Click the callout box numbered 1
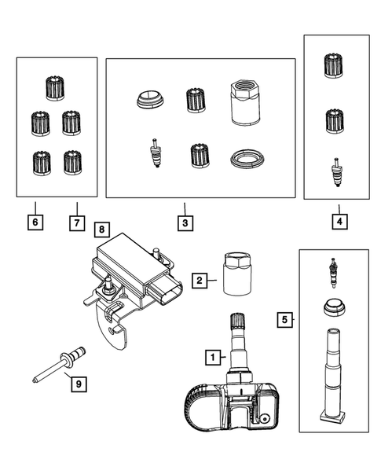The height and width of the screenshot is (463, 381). coord(213,358)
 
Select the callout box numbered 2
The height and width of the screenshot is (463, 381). coord(200,280)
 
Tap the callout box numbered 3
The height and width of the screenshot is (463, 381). coord(185,223)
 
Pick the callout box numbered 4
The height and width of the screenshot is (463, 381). coord(339,222)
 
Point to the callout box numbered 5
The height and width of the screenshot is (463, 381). coord(285,320)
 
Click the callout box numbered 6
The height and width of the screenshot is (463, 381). coord(35,222)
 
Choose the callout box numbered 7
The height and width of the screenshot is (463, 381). coord(77,223)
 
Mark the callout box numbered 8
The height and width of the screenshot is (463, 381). coord(102,230)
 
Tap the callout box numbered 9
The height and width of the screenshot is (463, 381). coord(79,384)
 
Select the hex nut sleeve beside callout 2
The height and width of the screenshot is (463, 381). coord(237,274)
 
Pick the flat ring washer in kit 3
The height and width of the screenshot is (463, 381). coord(247,159)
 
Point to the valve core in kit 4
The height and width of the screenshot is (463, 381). coord(336,172)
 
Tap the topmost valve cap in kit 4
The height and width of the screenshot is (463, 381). coord(334,66)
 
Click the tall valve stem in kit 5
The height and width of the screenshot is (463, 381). coord(333,374)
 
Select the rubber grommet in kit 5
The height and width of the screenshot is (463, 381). coord(334,307)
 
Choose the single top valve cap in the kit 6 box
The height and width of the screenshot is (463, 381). coord(55,88)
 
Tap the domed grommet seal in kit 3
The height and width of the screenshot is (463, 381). coord(150,100)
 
